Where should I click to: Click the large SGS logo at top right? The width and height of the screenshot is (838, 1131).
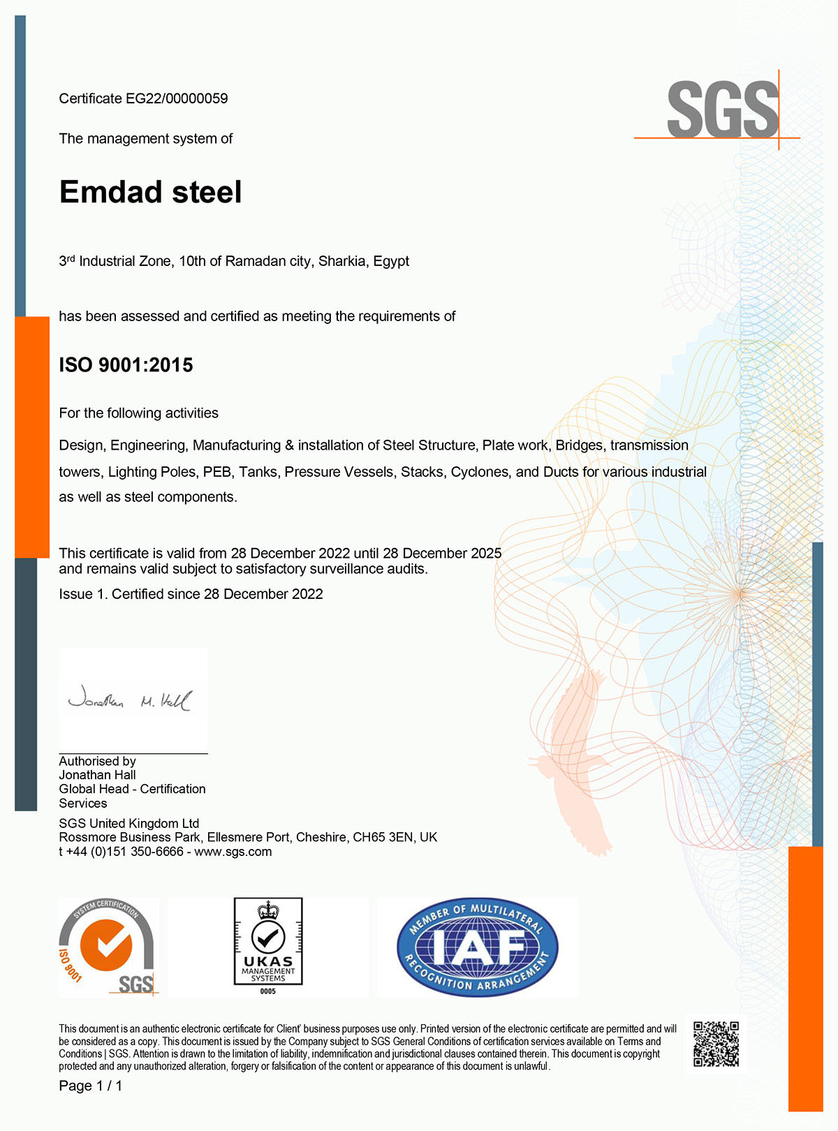coord(722,109)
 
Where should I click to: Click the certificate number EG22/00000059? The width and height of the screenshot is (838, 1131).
coord(177,98)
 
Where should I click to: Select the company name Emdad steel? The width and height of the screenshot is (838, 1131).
coord(150,192)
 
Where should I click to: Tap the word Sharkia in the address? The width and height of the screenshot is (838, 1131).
coord(342,261)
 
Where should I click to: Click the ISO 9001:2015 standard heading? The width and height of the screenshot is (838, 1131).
coord(126,365)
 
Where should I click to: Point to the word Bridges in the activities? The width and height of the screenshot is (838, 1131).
coord(579,445)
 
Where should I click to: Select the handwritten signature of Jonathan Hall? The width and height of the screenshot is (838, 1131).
coord(129,701)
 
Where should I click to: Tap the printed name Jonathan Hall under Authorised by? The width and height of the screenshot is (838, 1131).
coord(97,775)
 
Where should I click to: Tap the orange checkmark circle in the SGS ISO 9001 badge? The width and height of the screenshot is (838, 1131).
coord(105,945)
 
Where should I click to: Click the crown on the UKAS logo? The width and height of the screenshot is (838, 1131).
coord(267,910)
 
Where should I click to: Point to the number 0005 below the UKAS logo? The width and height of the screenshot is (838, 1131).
coord(267,991)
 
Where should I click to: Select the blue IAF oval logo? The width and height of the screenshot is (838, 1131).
coord(478,947)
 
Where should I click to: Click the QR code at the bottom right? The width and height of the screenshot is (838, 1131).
coord(716,1044)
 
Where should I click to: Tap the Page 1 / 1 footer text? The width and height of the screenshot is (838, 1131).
coord(90,1086)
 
